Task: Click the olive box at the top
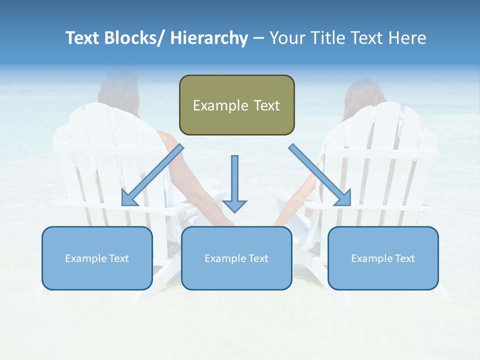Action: click(236, 105)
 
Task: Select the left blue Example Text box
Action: click(97, 258)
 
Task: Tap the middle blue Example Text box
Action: click(236, 258)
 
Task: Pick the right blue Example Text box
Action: click(383, 258)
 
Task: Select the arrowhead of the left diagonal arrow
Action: click(128, 198)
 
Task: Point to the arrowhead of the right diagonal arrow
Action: click(343, 198)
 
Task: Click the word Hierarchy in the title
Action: click(208, 38)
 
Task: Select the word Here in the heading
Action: click(407, 38)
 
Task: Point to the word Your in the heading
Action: click(286, 38)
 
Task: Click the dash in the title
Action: click(258, 38)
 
